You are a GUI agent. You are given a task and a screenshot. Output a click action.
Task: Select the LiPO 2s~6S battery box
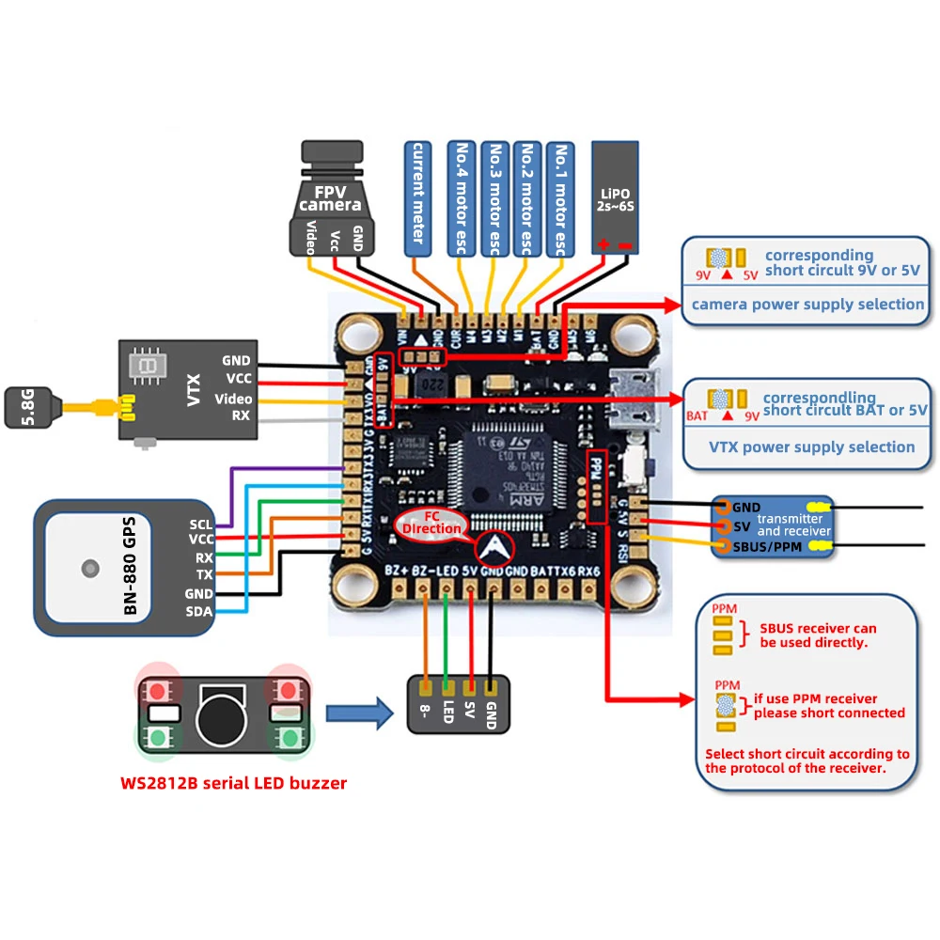[x=615, y=197]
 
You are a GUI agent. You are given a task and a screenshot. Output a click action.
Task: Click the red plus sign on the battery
[x=602, y=246]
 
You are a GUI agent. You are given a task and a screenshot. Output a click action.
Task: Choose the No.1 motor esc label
[x=559, y=198]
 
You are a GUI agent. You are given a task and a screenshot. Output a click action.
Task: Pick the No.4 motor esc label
[x=462, y=198]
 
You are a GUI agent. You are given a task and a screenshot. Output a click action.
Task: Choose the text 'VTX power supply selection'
[x=811, y=446]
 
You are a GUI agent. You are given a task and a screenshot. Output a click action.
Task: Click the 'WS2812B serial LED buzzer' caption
[x=233, y=782]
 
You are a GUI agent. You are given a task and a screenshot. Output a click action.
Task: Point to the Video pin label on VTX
[x=233, y=399]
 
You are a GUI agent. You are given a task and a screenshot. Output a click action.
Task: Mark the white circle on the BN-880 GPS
[x=89, y=568]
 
